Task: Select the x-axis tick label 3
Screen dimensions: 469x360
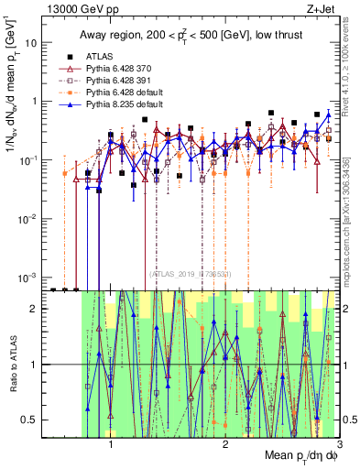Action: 340,443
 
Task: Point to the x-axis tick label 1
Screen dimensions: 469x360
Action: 111,443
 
